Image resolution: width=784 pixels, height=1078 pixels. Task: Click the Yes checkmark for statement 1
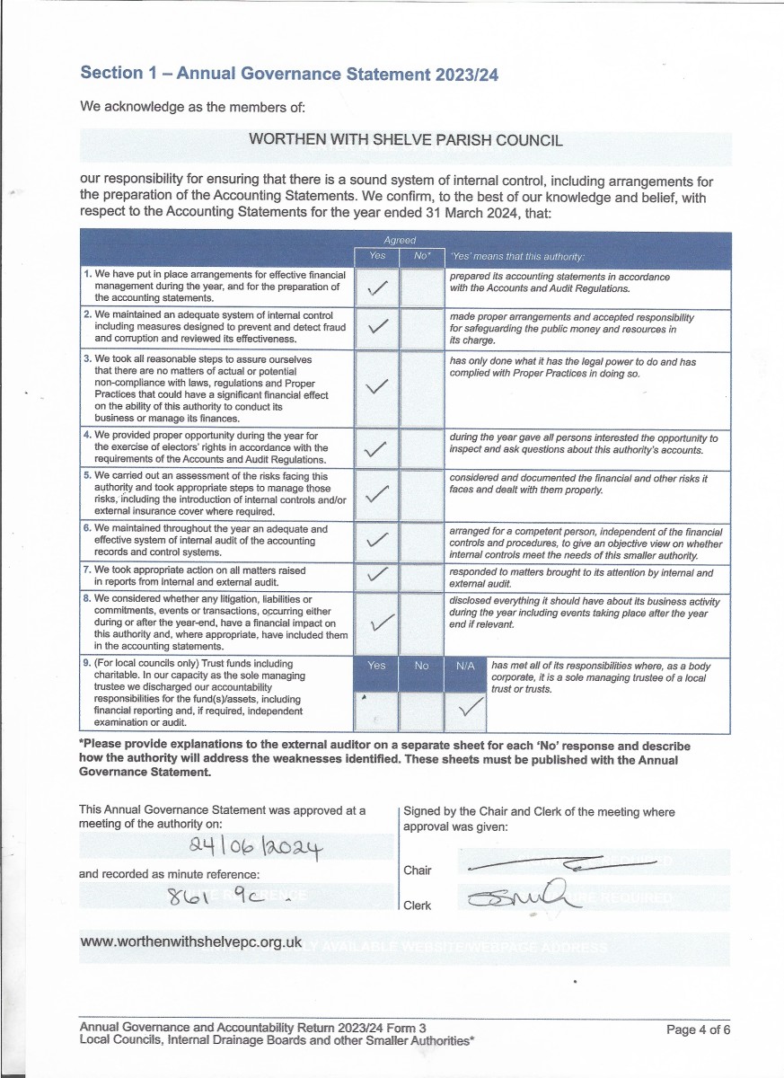[x=378, y=287]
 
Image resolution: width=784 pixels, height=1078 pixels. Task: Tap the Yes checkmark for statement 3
[x=378, y=387]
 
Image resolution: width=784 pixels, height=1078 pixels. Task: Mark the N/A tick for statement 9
[x=466, y=712]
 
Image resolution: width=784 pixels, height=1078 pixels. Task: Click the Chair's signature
[x=561, y=865]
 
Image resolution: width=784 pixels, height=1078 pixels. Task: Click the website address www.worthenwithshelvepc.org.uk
[x=191, y=942]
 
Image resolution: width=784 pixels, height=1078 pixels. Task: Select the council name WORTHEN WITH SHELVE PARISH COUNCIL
[x=405, y=140]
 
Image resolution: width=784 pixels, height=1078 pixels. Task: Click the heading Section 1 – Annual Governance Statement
[x=289, y=74]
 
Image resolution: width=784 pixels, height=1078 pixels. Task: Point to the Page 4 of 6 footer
[x=698, y=1029]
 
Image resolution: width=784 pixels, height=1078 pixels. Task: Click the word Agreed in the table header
[x=400, y=241]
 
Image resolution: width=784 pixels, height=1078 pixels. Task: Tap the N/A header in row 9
[x=465, y=666]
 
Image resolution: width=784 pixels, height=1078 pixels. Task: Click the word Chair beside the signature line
[x=418, y=870]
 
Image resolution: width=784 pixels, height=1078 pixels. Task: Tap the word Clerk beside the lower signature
[x=418, y=906]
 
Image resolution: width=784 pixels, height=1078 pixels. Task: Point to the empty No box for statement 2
[x=422, y=329]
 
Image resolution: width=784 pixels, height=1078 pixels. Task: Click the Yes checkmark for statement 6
[x=378, y=541]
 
